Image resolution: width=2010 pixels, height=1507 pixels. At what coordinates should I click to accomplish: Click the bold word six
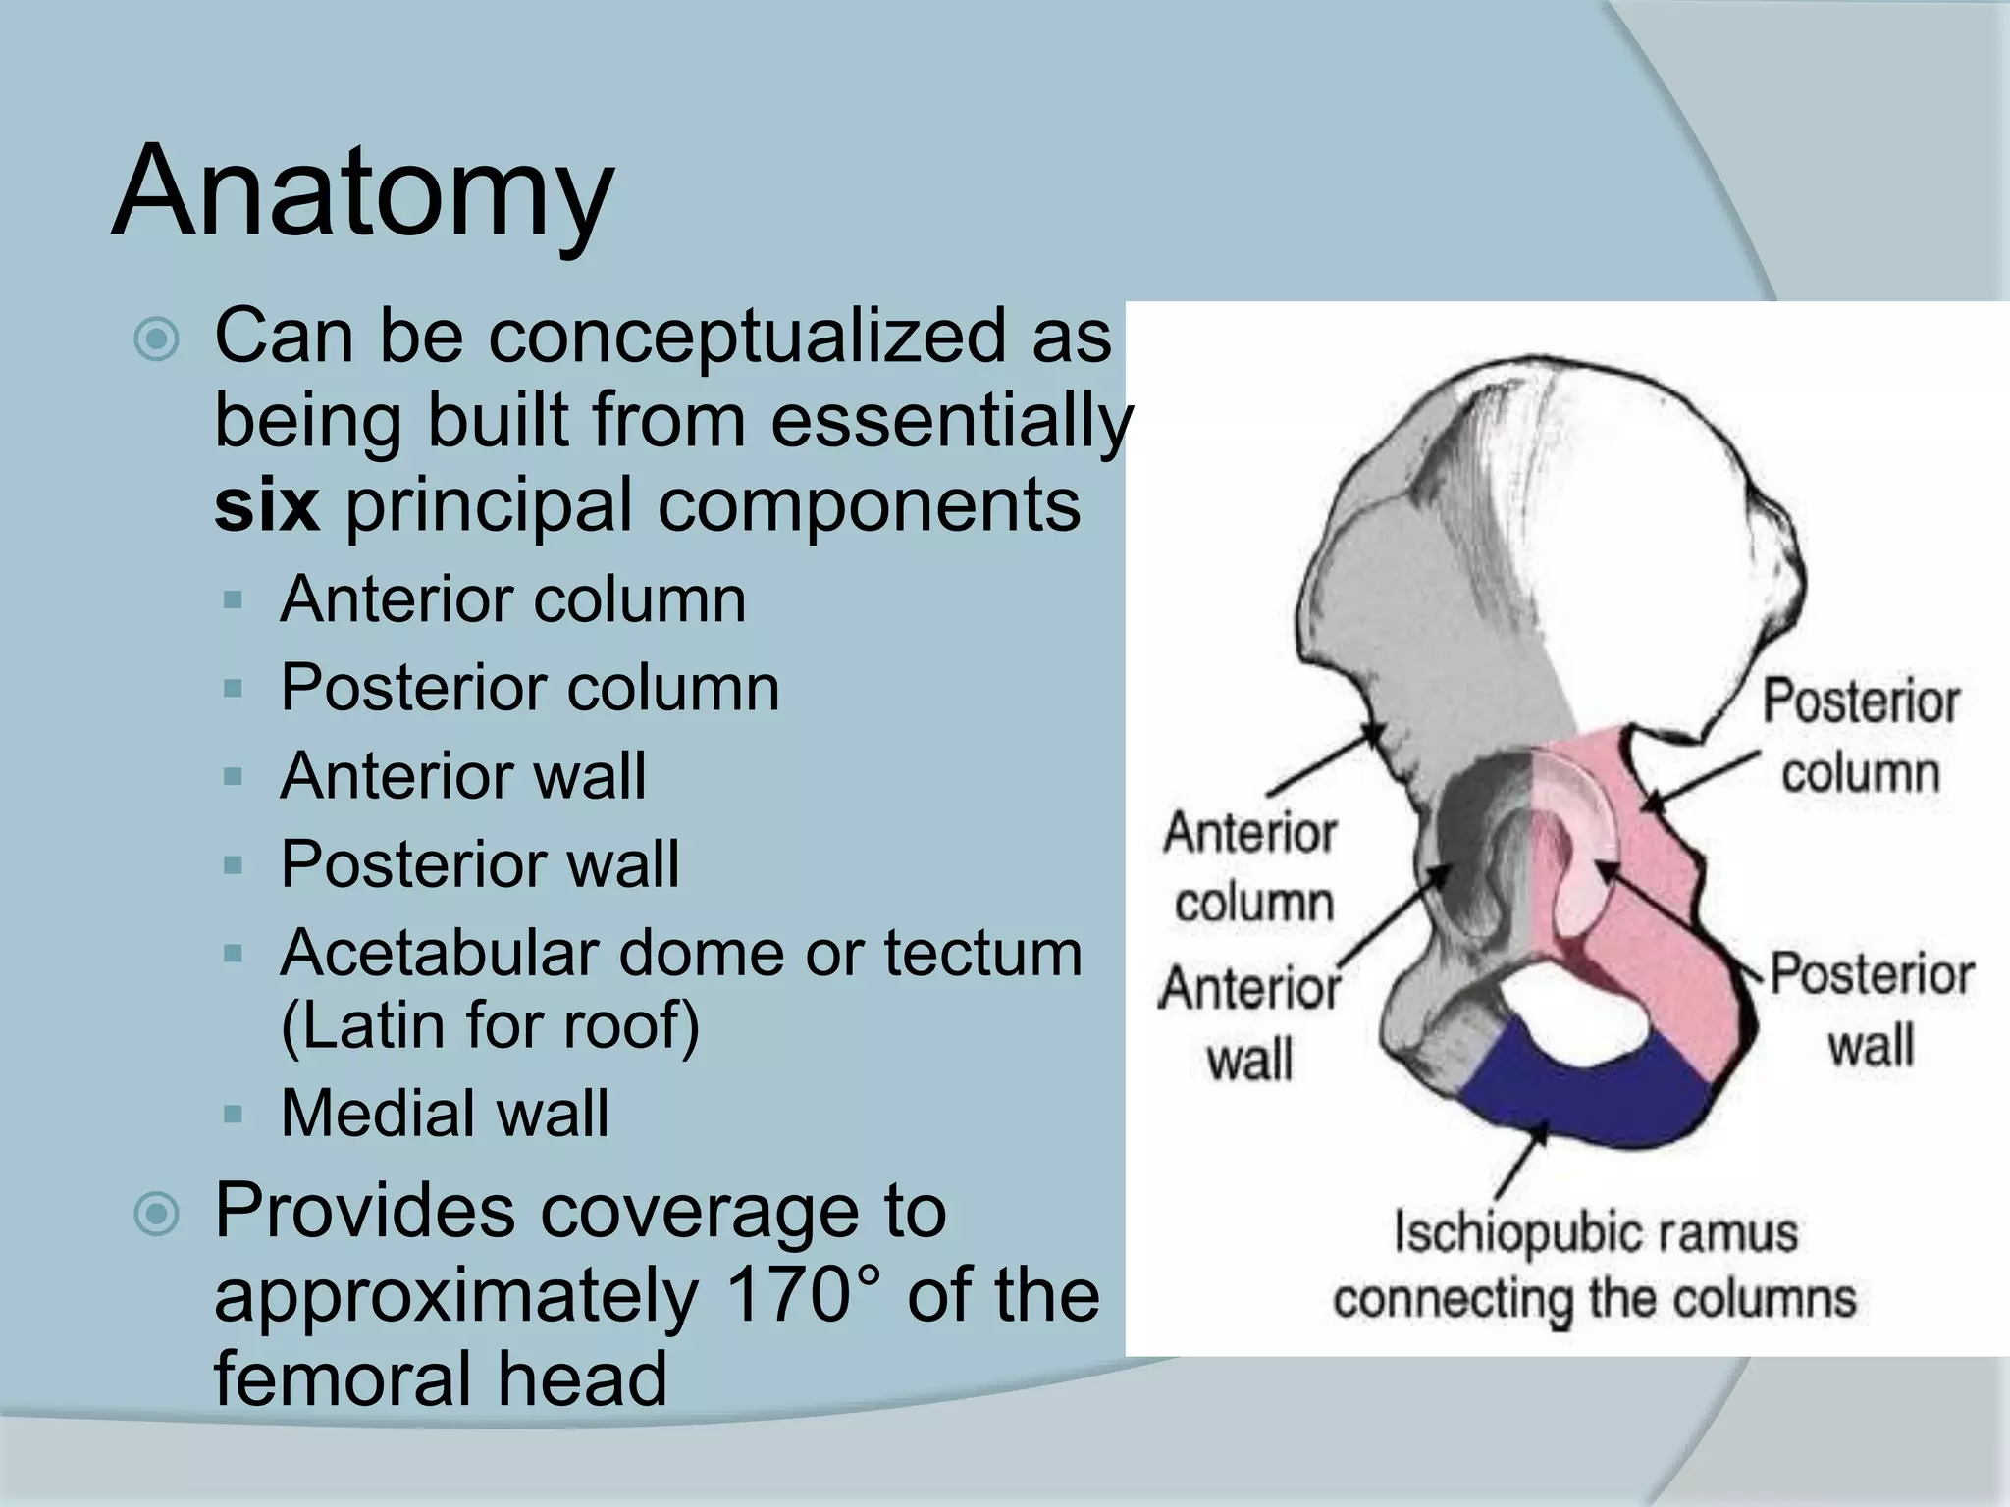click(266, 505)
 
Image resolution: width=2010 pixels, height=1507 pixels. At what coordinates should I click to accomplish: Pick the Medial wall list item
click(445, 1114)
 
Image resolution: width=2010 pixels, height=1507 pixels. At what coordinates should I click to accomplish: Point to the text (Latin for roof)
click(490, 1025)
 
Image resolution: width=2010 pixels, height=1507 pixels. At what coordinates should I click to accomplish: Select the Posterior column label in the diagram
click(1860, 737)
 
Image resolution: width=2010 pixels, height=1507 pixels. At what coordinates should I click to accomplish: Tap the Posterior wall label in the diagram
click(1871, 1009)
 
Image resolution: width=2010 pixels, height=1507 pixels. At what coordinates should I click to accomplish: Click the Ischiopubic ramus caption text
click(1595, 1266)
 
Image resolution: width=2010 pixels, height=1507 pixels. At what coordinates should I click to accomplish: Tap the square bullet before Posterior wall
click(233, 865)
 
